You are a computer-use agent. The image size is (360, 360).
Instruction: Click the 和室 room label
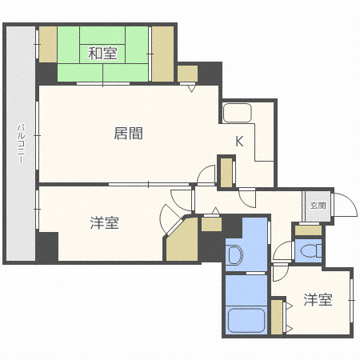point(102,54)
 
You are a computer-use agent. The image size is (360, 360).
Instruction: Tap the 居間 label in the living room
point(129,134)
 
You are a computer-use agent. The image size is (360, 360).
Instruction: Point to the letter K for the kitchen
point(239,142)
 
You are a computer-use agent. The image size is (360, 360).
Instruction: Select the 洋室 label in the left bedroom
point(104,223)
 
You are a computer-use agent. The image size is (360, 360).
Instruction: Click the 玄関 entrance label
point(318,206)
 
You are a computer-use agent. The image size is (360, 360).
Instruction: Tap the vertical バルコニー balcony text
point(21,144)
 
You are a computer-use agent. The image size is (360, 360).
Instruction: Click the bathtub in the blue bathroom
point(246,321)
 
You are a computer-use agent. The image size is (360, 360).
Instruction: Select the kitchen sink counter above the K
point(238,113)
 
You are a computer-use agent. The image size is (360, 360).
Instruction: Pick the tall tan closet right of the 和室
point(162,54)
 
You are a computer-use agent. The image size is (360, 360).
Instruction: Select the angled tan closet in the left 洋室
point(183,240)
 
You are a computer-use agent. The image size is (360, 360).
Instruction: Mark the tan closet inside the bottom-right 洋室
point(277,316)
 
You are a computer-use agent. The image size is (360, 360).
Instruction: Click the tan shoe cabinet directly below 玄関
point(308,230)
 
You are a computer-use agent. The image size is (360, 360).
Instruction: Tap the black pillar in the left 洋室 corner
point(47,246)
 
